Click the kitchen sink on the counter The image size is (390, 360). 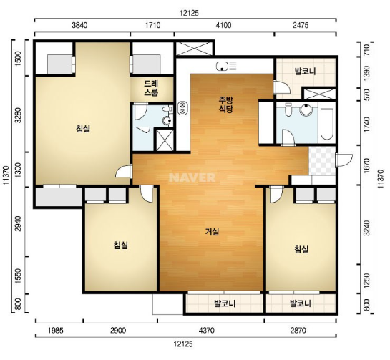222,67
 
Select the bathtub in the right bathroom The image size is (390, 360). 326,124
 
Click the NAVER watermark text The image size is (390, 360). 192,177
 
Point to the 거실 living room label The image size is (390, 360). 212,232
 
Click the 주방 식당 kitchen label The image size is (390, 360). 225,104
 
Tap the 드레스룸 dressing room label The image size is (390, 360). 151,88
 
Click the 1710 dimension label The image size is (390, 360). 152,25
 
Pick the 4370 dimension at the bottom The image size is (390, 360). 206,331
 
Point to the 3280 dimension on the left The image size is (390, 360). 18,115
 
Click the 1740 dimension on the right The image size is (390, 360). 366,124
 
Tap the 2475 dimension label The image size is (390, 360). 301,25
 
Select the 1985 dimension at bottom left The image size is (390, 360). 56,331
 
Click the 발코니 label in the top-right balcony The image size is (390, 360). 305,72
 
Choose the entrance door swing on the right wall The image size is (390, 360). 344,160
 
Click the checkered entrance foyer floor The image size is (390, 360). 322,160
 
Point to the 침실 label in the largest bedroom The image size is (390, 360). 83,129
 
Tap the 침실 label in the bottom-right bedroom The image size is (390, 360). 301,249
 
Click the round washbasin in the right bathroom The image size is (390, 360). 306,110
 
